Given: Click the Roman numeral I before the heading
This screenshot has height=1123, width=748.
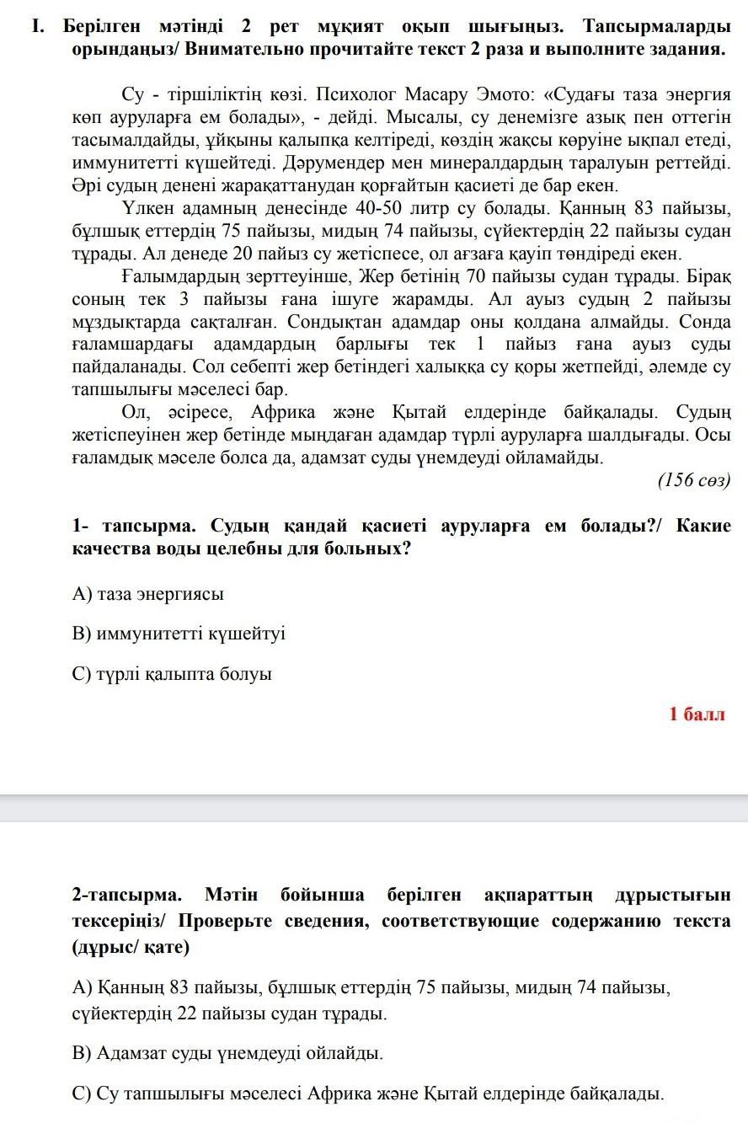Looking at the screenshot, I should coord(37,25).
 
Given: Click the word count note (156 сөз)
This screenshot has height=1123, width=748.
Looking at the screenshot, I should coord(693,480).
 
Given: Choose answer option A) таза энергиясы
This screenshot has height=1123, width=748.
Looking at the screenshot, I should coord(148,594).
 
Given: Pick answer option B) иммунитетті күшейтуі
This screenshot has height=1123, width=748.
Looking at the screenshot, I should coord(179,634).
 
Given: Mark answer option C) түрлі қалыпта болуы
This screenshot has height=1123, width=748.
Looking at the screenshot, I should coord(173,674).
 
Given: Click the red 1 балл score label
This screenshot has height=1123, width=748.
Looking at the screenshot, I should coord(697,714).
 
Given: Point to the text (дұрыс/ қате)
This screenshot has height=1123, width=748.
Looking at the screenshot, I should coord(131,947).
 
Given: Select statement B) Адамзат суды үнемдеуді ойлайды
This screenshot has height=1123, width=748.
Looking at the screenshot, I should coord(227,1053).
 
